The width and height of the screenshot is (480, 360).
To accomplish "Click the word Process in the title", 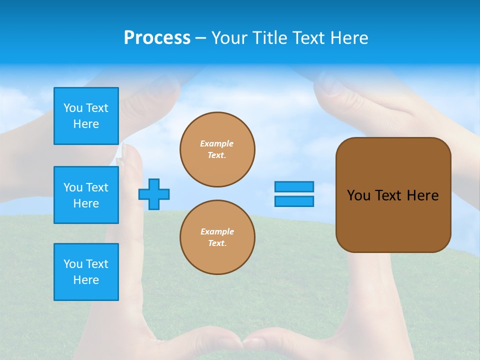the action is (x=157, y=38).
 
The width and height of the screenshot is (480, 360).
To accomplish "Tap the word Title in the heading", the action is (x=269, y=38).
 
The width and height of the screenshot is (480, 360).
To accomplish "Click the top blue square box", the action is (x=86, y=116).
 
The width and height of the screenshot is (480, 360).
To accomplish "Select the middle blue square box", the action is (x=86, y=195).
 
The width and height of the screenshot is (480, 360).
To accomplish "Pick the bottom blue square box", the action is (x=86, y=272).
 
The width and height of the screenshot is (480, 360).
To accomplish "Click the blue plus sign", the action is (x=154, y=194).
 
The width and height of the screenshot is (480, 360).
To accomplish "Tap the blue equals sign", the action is (x=294, y=194).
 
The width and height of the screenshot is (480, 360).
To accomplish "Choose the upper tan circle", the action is (x=217, y=149).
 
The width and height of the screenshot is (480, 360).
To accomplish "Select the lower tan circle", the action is (x=217, y=237).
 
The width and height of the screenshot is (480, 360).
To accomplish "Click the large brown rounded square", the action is (x=393, y=195).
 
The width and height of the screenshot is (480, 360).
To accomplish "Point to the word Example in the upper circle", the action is (x=216, y=143).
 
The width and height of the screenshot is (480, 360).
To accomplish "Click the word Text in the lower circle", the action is (x=216, y=243).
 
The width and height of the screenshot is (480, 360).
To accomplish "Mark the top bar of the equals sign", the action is (x=294, y=186).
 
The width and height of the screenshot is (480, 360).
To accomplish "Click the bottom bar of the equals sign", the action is (x=294, y=201).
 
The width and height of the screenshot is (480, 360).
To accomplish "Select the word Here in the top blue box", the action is (x=86, y=124).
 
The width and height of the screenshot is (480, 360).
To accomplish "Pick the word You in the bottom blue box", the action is (x=73, y=264).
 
